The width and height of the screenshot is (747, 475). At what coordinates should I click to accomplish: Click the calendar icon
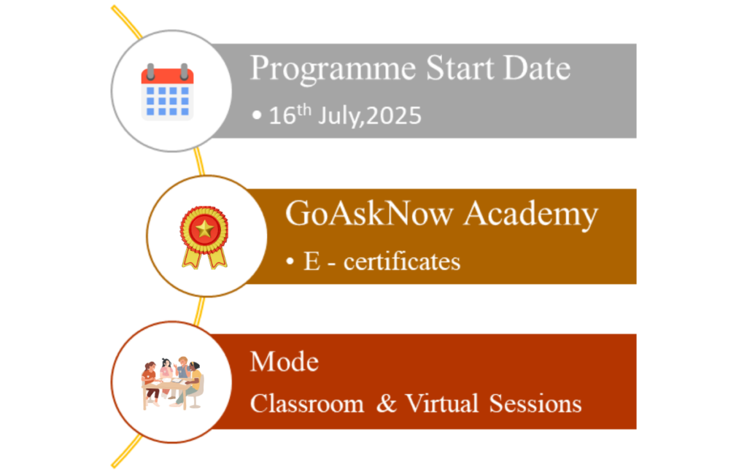(x=167, y=91)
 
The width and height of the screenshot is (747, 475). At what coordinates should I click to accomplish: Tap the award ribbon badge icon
(x=204, y=237)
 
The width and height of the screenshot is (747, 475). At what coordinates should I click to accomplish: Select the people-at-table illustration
(x=172, y=382)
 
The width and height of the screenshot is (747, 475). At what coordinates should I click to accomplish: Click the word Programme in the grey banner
(x=333, y=69)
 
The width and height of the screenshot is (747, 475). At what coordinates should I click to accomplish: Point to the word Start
(x=460, y=68)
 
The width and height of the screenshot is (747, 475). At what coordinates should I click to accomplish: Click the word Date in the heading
(x=537, y=68)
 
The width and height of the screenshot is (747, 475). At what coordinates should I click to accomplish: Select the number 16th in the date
(x=290, y=115)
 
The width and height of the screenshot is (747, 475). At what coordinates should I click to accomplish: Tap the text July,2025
(x=370, y=116)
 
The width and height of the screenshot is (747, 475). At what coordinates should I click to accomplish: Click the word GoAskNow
(x=369, y=213)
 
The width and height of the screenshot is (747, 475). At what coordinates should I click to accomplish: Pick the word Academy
(x=531, y=215)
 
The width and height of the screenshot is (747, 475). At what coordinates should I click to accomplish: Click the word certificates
(x=402, y=261)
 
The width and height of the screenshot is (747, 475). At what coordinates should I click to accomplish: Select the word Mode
(x=285, y=362)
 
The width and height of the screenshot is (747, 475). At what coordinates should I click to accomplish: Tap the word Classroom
(x=307, y=403)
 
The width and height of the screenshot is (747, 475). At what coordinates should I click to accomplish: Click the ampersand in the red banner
(x=387, y=403)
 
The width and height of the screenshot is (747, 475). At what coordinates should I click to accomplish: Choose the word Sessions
(x=535, y=403)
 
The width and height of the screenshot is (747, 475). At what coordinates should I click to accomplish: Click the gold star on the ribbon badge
(x=204, y=229)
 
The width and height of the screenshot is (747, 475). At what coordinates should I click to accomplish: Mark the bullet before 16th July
(x=257, y=115)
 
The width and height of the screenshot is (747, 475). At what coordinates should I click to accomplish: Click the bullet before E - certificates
(x=290, y=261)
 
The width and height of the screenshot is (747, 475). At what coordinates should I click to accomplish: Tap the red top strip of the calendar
(x=167, y=75)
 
